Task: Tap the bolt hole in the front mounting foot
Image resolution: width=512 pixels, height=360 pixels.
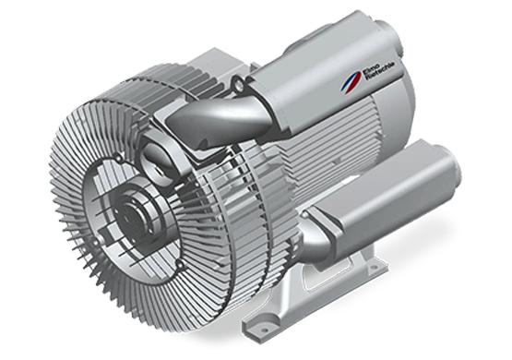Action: (x=259, y=322)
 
